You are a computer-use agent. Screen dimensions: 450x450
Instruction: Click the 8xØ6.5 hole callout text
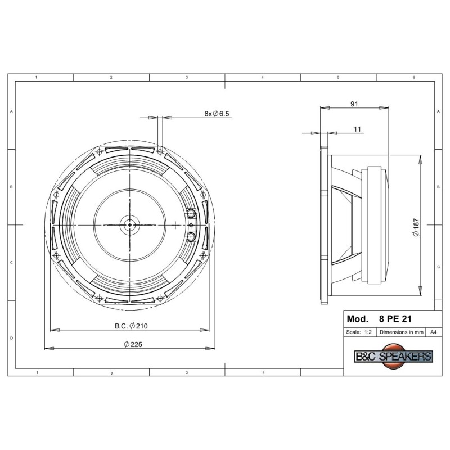[x=217, y=114]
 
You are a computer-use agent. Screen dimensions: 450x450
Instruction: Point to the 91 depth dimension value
[x=354, y=104]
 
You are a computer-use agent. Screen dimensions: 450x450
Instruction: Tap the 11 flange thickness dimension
[x=357, y=129]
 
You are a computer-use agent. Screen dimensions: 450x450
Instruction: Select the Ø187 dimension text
[x=416, y=227]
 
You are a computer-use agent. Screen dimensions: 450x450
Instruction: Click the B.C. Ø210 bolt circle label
[x=131, y=326]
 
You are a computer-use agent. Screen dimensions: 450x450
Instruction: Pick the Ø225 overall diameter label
[x=133, y=344]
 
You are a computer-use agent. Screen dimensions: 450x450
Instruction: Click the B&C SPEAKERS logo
[x=393, y=356]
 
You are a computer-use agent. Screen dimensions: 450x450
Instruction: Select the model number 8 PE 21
[x=395, y=319]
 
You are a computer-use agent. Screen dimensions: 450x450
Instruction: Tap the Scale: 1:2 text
[x=359, y=332]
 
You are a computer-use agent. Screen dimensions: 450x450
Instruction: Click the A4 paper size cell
[x=433, y=332]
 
